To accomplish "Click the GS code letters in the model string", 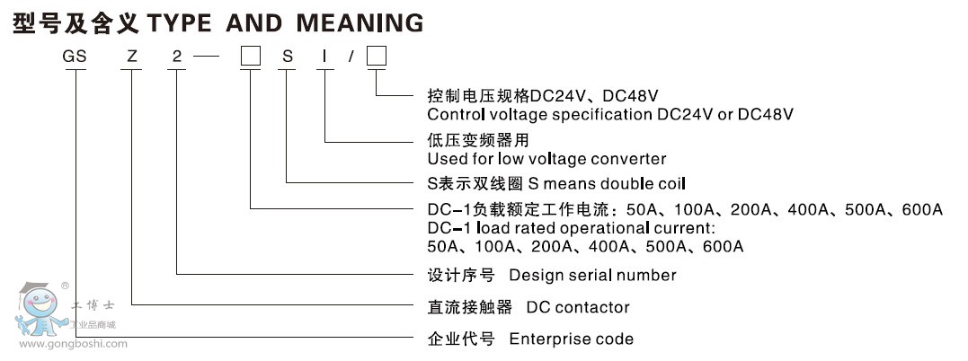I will pyautogui.click(x=74, y=57).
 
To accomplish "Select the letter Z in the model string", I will pyautogui.click(x=132, y=57).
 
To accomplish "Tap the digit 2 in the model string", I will pyautogui.click(x=177, y=57).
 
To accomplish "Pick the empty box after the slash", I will pyautogui.click(x=377, y=57).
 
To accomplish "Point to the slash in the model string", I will pyautogui.click(x=352, y=57).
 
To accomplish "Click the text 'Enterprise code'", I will pyautogui.click(x=571, y=339).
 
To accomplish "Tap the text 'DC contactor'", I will pyautogui.click(x=578, y=307).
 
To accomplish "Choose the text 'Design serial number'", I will pyautogui.click(x=592, y=275).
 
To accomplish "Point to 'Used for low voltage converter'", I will pyautogui.click(x=546, y=159).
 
